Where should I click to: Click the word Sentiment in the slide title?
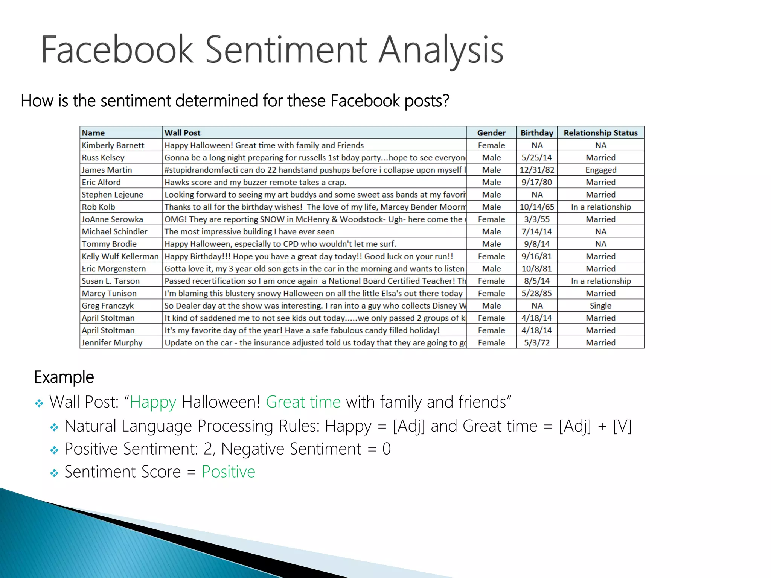pos(286,50)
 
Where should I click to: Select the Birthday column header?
pos(536,133)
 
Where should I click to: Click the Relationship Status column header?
pos(600,133)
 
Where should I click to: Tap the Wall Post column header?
pos(183,133)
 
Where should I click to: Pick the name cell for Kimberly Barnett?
pos(113,145)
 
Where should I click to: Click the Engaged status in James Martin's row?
pos(601,170)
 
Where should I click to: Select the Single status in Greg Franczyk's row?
pos(600,306)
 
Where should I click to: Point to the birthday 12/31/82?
pos(537,170)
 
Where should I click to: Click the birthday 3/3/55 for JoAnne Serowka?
pos(537,219)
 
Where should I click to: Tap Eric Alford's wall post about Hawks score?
pos(255,183)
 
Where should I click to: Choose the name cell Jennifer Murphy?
pos(112,343)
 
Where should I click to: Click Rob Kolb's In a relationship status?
pos(601,207)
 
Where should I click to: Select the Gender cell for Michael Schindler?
pos(491,232)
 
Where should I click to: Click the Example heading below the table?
pos(64,377)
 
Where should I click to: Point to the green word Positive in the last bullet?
pos(229,472)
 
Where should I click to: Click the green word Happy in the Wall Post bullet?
pos(153,402)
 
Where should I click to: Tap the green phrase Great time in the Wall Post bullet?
pos(303,402)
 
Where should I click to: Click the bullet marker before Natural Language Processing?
pos(55,427)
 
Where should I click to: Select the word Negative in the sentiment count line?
pos(253,449)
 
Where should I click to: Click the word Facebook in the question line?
pos(365,101)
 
